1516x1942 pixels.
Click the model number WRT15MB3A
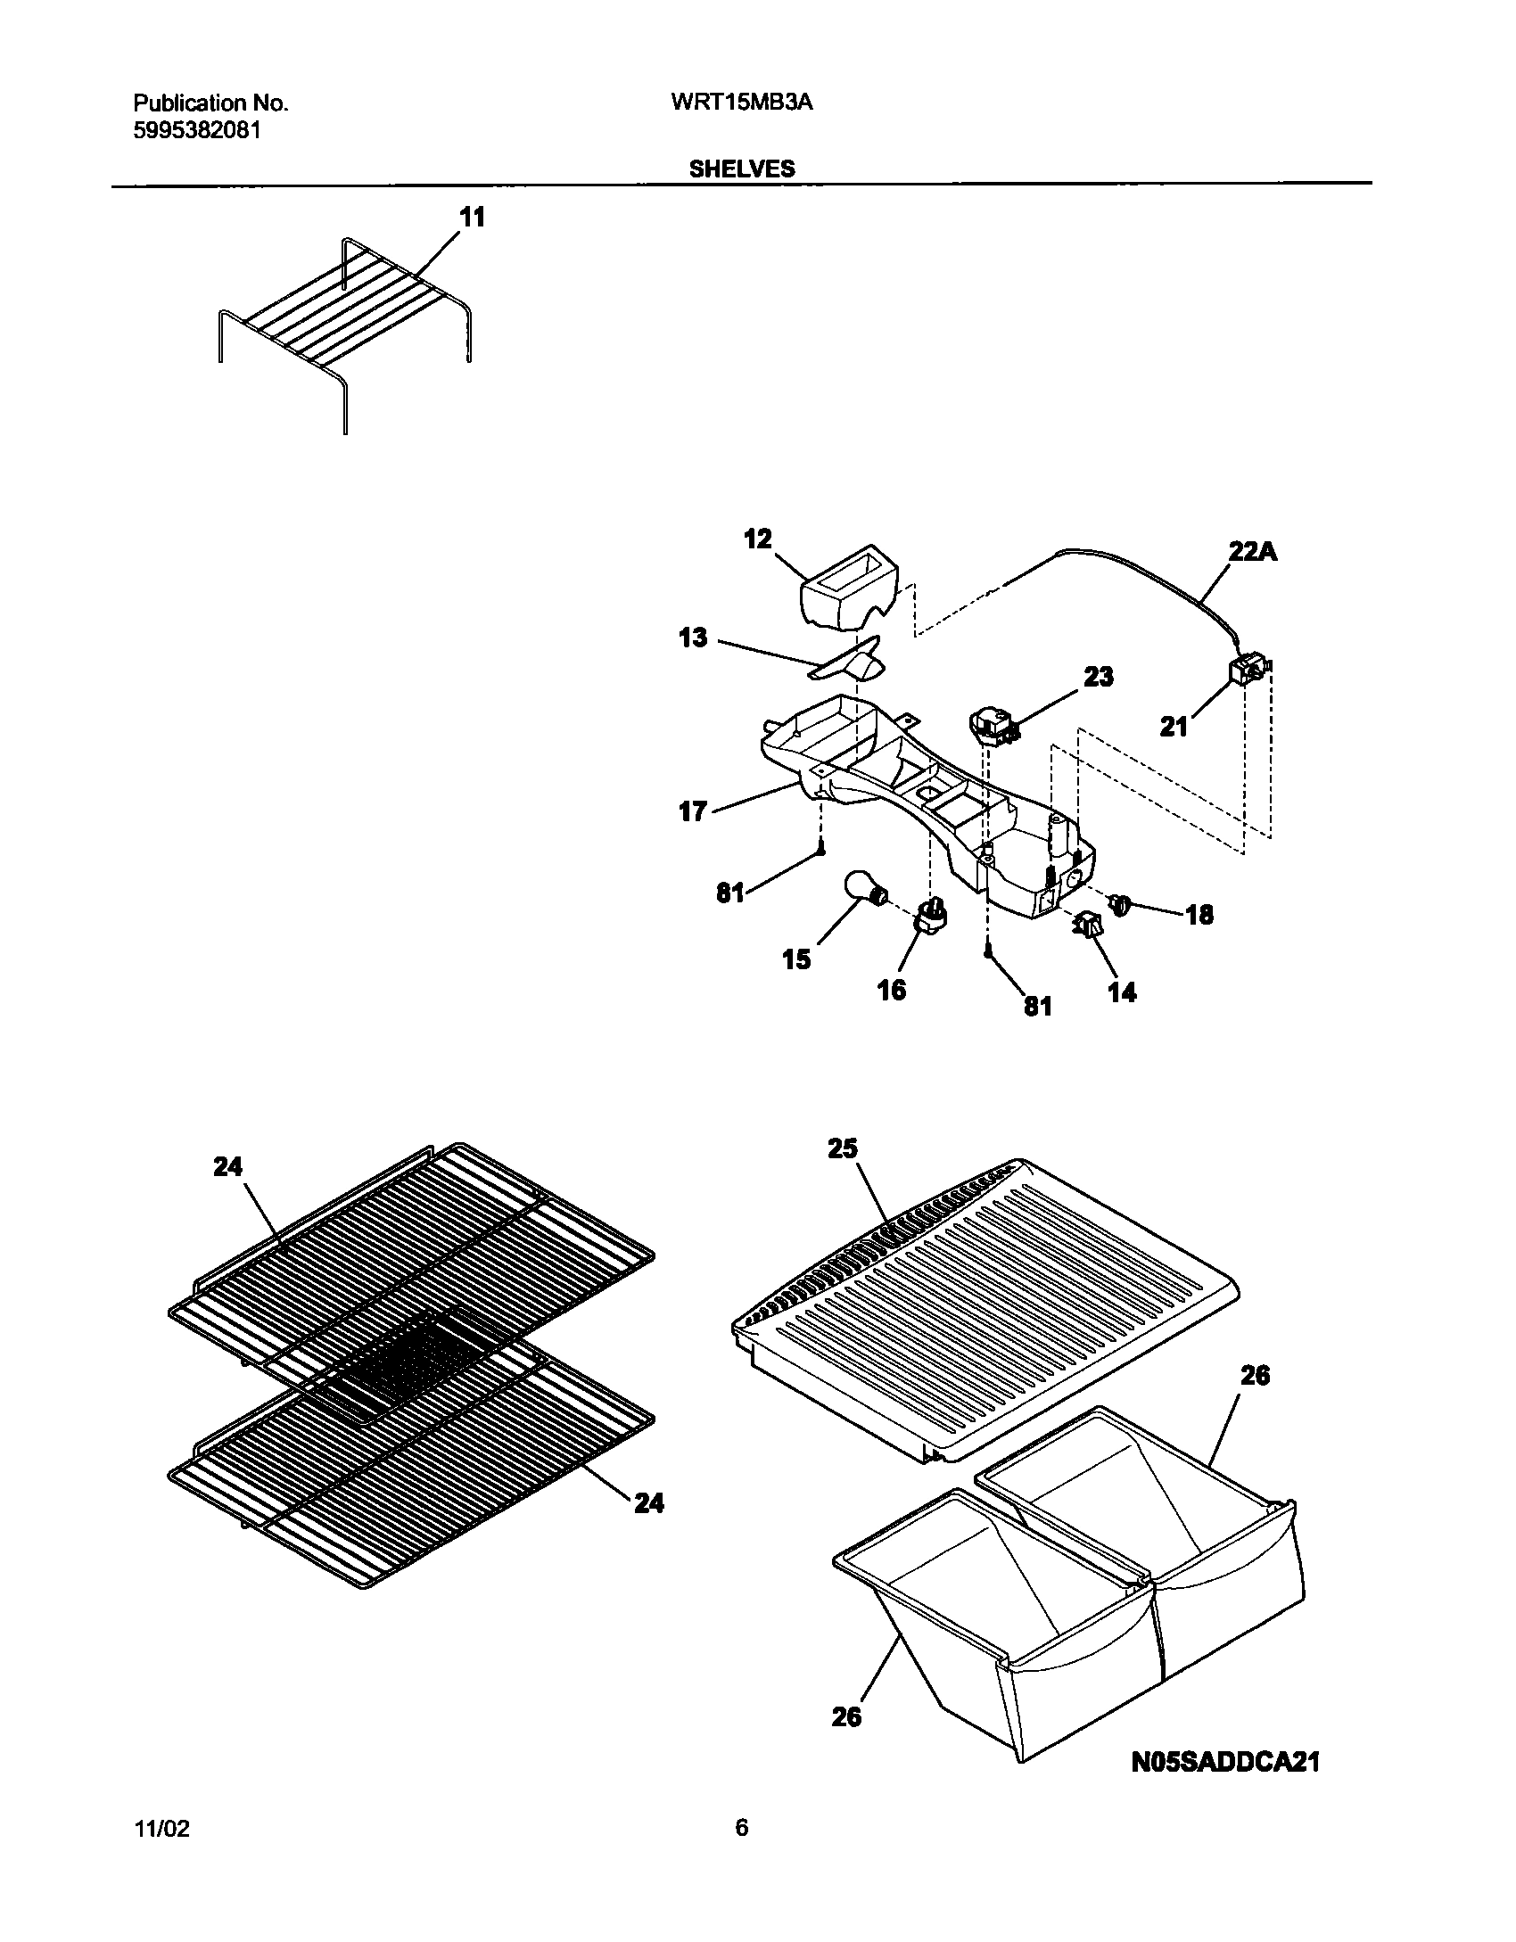click(x=741, y=103)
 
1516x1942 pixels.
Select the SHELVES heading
click(x=742, y=169)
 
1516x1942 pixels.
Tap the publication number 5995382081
click(x=197, y=130)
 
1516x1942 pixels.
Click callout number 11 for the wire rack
click(x=472, y=217)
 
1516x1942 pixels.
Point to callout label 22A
click(x=1253, y=553)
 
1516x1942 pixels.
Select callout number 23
click(x=1099, y=678)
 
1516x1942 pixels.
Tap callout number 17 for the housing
click(x=693, y=812)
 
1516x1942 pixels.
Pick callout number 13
click(x=693, y=638)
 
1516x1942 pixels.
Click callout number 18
click(x=1199, y=915)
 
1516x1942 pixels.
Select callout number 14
click(x=1122, y=992)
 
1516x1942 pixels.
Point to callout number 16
click(x=892, y=990)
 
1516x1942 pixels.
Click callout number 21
click(x=1174, y=727)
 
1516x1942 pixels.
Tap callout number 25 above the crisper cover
click(x=842, y=1148)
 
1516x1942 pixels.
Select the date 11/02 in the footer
click(x=161, y=1830)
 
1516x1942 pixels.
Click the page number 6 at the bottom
click(x=741, y=1828)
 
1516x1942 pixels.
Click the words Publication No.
click(x=210, y=103)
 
